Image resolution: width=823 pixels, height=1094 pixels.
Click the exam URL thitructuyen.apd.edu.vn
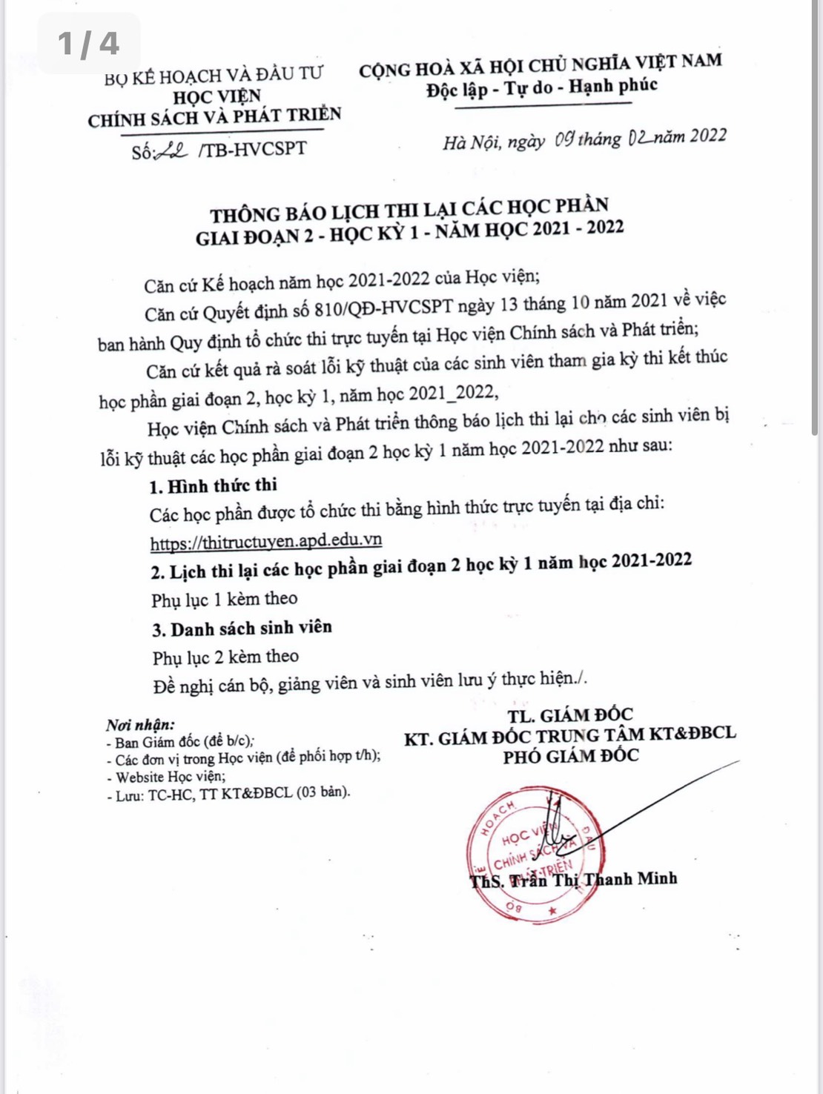pyautogui.click(x=266, y=541)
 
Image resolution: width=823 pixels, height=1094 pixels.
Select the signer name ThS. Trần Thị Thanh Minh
pyautogui.click(x=573, y=880)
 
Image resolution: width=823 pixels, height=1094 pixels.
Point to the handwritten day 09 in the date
pyautogui.click(x=565, y=139)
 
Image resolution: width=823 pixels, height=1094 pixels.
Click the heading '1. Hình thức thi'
pyautogui.click(x=213, y=485)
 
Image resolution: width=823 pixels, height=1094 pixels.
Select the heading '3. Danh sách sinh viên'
pyautogui.click(x=242, y=629)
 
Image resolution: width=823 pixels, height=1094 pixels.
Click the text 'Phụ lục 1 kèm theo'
pyautogui.click(x=225, y=599)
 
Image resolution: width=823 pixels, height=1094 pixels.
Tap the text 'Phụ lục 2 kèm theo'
pyautogui.click(x=225, y=657)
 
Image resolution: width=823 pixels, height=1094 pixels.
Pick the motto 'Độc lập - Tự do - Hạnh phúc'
pyautogui.click(x=542, y=88)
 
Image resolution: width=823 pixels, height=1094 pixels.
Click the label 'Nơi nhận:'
pyautogui.click(x=140, y=724)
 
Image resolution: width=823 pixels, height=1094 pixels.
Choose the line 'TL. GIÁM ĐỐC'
pyautogui.click(x=570, y=715)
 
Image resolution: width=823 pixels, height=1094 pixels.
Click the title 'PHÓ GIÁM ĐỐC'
pyautogui.click(x=570, y=757)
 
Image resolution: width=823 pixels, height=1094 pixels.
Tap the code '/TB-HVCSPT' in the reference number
pyautogui.click(x=252, y=148)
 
